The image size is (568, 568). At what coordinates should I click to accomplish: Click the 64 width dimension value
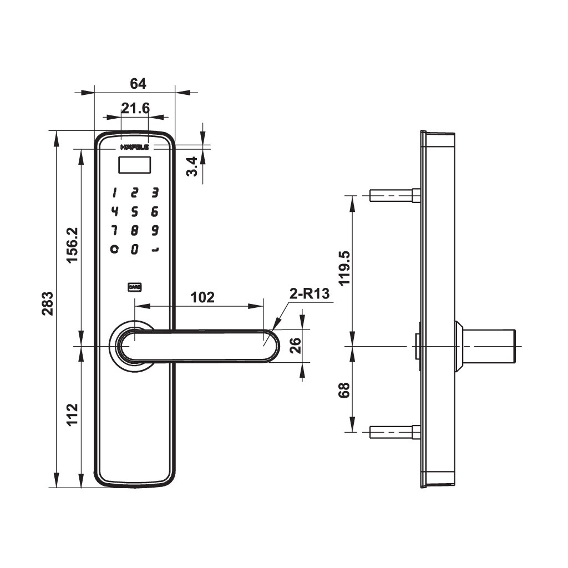click(x=138, y=84)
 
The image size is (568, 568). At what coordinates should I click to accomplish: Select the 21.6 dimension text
click(x=135, y=108)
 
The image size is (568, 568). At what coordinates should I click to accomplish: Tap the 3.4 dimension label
click(x=192, y=166)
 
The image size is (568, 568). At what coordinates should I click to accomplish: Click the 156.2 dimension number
click(x=72, y=245)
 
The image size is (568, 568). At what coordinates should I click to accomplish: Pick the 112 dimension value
click(x=72, y=415)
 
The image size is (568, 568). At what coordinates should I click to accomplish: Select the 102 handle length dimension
click(x=202, y=297)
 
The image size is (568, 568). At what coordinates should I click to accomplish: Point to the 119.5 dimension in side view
click(x=345, y=268)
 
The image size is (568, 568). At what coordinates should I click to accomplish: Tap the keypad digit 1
click(x=114, y=193)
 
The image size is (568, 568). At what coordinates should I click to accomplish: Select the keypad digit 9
click(x=155, y=230)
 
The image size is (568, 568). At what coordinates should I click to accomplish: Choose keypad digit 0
click(x=134, y=249)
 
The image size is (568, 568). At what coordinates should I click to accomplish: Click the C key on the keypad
click(x=114, y=249)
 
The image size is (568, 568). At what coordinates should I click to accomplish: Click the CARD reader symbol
click(x=134, y=287)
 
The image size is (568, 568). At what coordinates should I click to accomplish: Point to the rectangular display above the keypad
click(x=135, y=165)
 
